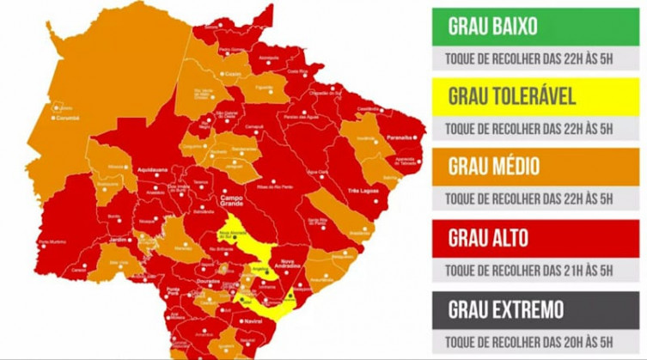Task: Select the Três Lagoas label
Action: tap(364, 190)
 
